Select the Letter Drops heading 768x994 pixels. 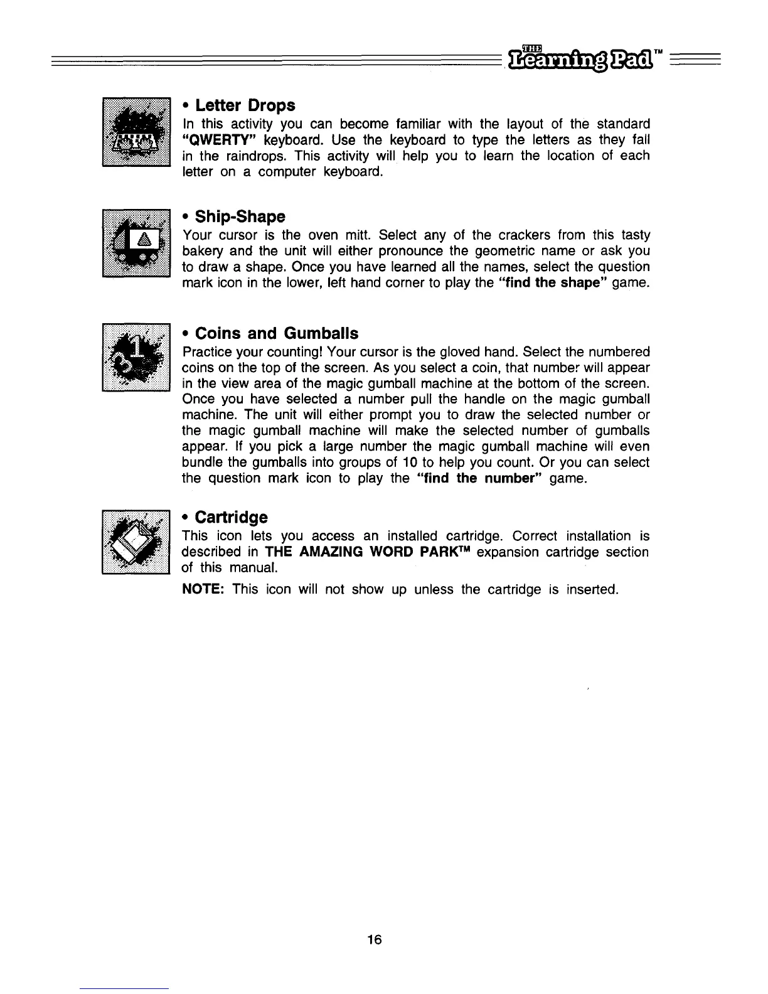pyautogui.click(x=238, y=105)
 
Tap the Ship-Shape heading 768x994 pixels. pyautogui.click(x=234, y=217)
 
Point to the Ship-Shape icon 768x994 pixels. pyautogui.click(x=137, y=243)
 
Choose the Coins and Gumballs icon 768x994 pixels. pyautogui.click(x=137, y=357)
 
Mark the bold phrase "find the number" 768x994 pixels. pyautogui.click(x=479, y=479)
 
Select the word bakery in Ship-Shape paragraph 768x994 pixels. pyautogui.click(x=201, y=252)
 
